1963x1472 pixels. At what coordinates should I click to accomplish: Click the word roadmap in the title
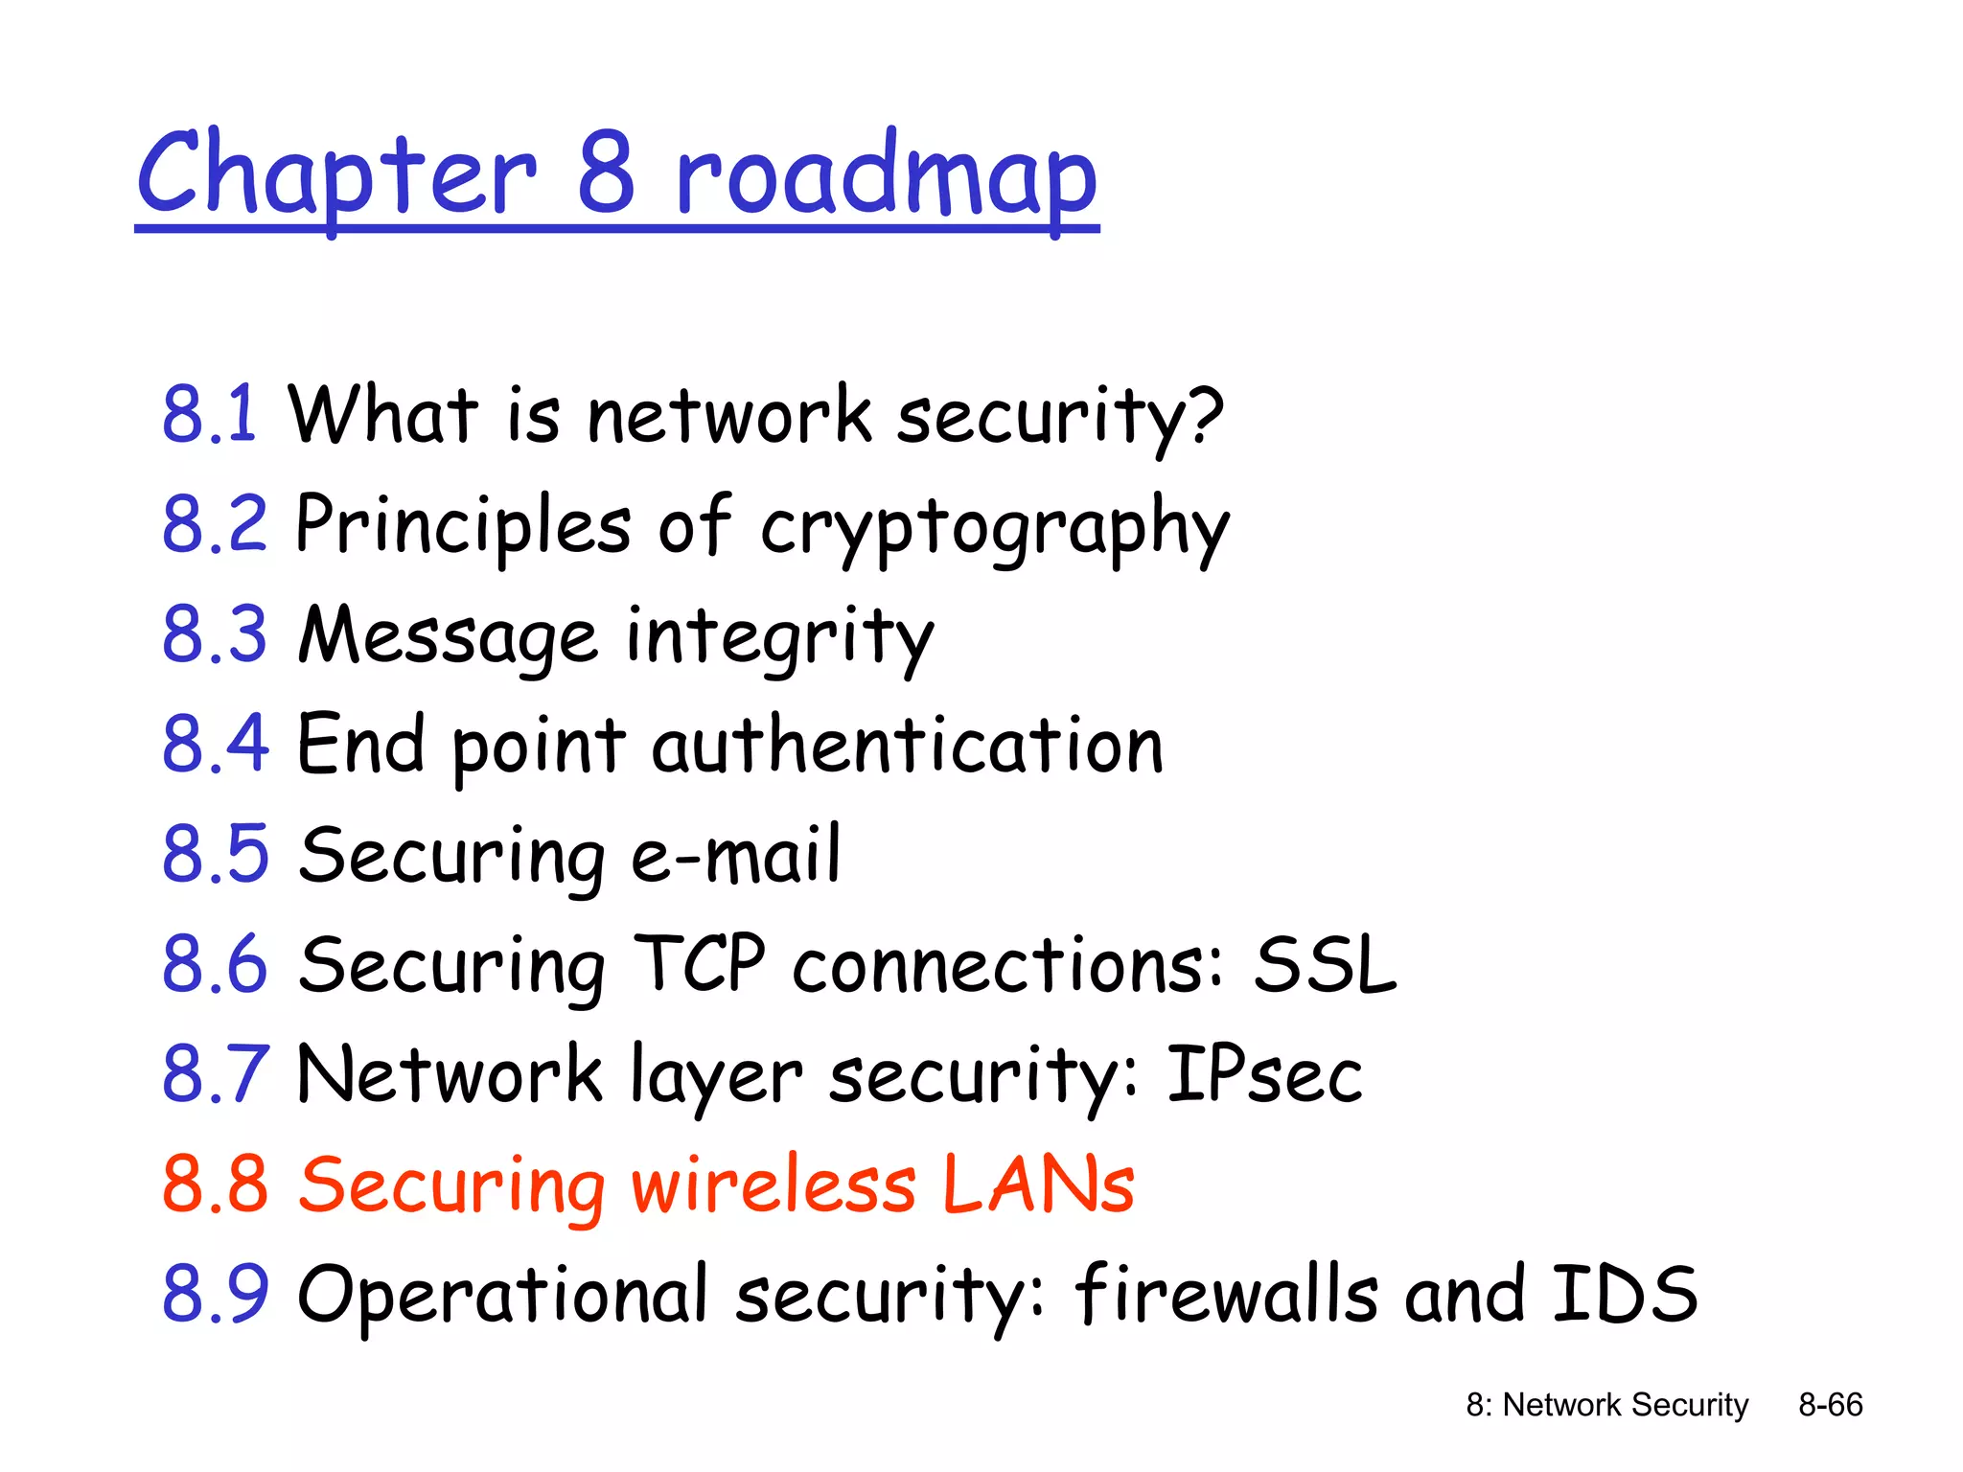pyautogui.click(x=886, y=177)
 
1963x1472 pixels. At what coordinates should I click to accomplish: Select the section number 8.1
pyautogui.click(x=209, y=414)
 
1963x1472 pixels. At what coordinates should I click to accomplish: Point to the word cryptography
pyautogui.click(x=994, y=527)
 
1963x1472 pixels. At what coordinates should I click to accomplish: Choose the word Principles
pyautogui.click(x=463, y=525)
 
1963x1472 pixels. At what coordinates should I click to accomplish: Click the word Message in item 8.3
pyautogui.click(x=448, y=636)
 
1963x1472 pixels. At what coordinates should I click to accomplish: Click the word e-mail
pyautogui.click(x=735, y=855)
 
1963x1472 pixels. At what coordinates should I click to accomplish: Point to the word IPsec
pyautogui.click(x=1263, y=1074)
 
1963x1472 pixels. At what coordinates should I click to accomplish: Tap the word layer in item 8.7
pyautogui.click(x=715, y=1077)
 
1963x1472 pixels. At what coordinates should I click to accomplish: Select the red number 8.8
pyautogui.click(x=215, y=1184)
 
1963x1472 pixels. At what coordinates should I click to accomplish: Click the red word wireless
pyautogui.click(x=773, y=1184)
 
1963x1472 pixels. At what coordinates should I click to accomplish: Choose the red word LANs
pyautogui.click(x=1038, y=1184)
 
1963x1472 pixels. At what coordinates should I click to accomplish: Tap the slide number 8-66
pyautogui.click(x=1830, y=1405)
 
